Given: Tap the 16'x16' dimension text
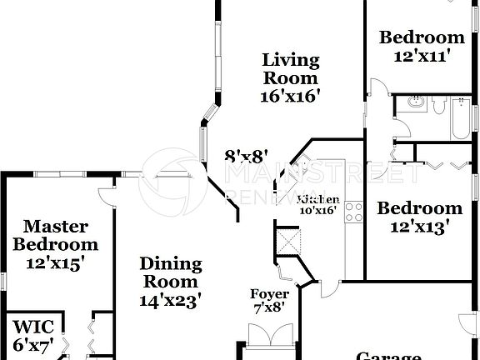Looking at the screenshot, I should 290,96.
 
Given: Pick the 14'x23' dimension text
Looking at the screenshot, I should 170,302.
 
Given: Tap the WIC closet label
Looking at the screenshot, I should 30,325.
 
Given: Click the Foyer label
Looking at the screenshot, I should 270,294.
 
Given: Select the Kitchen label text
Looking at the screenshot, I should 318,200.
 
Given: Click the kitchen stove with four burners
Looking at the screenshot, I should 352,211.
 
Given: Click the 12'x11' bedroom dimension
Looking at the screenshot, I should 422,56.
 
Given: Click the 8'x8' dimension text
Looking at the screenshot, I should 247,156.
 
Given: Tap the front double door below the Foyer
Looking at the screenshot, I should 265,348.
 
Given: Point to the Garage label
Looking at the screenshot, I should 388,356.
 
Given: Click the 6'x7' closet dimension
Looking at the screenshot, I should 30,343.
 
